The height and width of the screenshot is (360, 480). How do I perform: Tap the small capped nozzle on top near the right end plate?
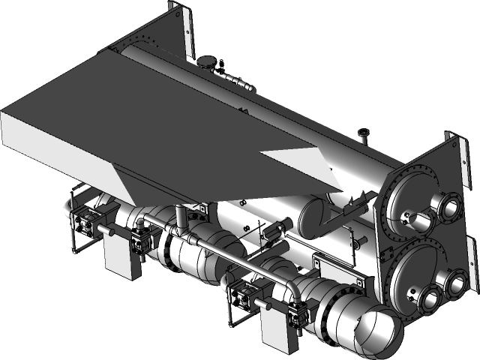(364, 136)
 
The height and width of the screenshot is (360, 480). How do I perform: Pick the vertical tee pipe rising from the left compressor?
(180, 218)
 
